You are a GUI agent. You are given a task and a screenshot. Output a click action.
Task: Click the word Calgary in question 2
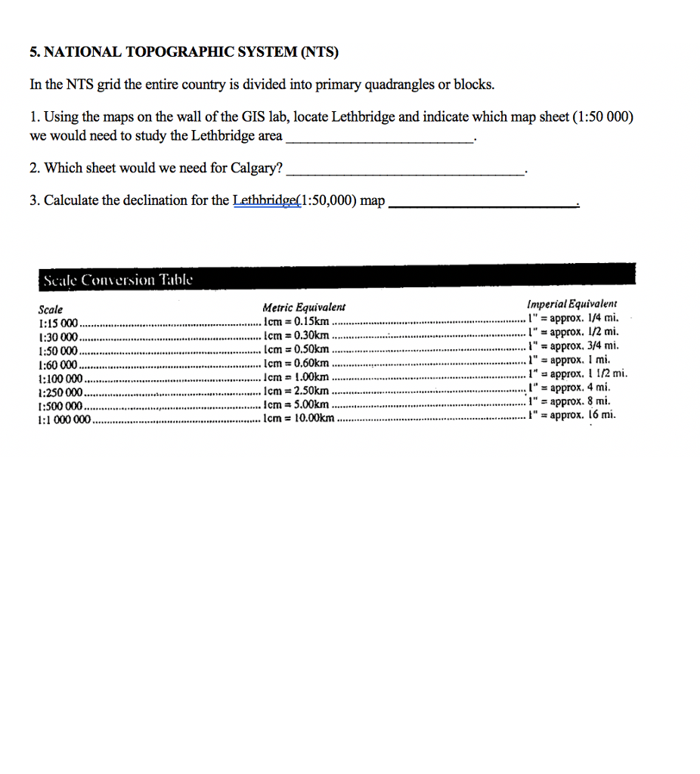[x=255, y=168]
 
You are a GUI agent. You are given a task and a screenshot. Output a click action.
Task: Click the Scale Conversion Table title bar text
[x=118, y=280]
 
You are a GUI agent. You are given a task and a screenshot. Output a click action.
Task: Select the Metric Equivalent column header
[x=303, y=307]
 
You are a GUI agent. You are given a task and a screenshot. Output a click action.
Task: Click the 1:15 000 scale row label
[x=58, y=322]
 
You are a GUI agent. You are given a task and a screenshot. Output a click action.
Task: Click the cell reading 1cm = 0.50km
[x=296, y=349]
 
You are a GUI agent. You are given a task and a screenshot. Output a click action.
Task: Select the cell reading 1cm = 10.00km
[x=299, y=418]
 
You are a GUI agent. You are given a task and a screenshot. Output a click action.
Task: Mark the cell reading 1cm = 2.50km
[x=296, y=391]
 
